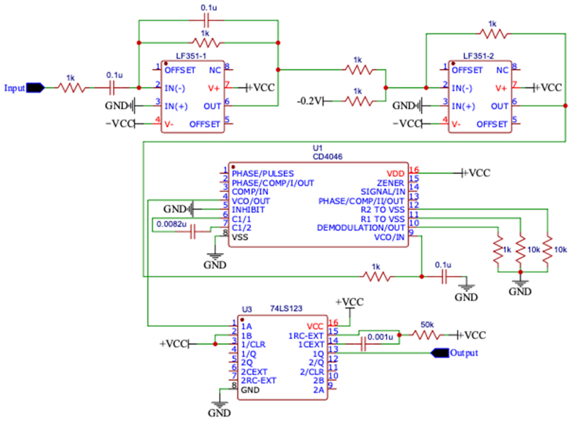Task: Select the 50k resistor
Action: [427, 335]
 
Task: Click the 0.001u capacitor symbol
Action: [363, 344]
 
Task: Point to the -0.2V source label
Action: [309, 101]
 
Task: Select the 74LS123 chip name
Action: [286, 308]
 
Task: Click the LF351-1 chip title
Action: [191, 56]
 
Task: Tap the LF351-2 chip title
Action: [479, 56]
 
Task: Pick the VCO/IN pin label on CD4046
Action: [389, 238]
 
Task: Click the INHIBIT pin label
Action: [248, 210]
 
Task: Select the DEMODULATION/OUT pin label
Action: [361, 228]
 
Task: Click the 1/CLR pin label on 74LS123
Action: [253, 345]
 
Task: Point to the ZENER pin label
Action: [390, 183]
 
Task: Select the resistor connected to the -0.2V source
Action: [358, 101]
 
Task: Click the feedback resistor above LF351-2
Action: [493, 34]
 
